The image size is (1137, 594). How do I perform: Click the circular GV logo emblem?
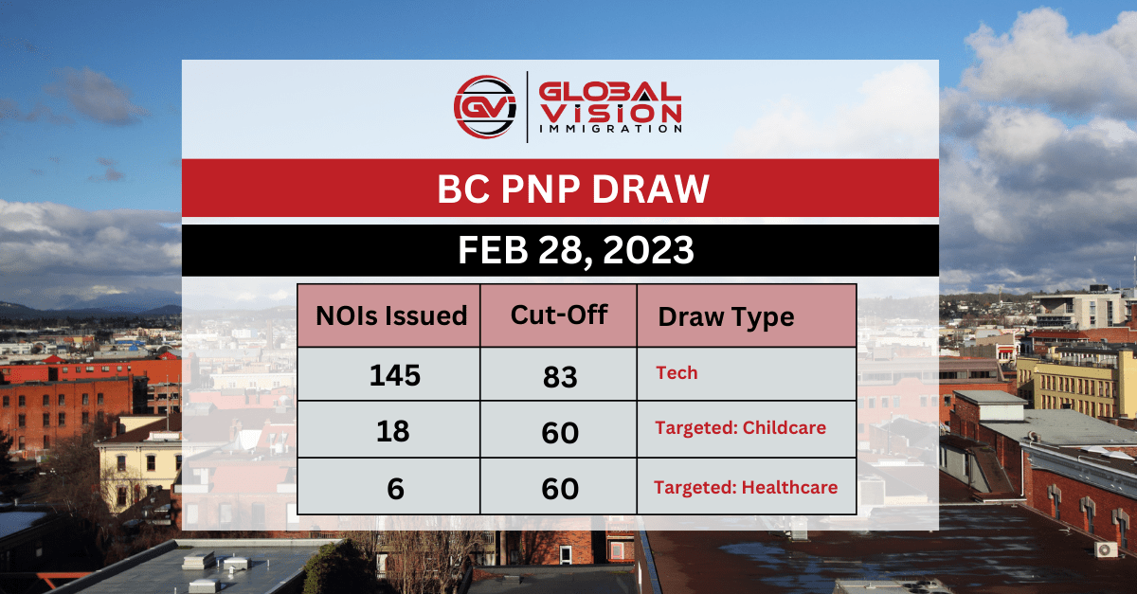tap(486, 107)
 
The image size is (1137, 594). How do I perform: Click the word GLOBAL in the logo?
tap(609, 92)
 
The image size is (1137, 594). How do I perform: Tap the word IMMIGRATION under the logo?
tap(609, 129)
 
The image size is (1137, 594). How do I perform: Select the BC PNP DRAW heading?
tap(574, 189)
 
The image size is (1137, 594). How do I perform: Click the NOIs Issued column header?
tap(391, 315)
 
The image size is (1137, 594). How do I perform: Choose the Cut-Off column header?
tap(559, 315)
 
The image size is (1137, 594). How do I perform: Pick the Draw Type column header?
tap(726, 316)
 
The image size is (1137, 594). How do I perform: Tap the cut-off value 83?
tap(560, 375)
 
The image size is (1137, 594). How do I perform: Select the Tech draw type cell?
tap(677, 373)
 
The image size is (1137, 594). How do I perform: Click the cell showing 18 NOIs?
tap(392, 431)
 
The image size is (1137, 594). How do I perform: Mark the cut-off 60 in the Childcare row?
tap(560, 432)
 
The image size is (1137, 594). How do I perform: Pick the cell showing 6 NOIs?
tap(392, 488)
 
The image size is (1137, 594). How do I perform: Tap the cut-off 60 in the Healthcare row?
tap(560, 489)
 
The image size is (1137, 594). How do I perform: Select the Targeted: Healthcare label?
tap(746, 488)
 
